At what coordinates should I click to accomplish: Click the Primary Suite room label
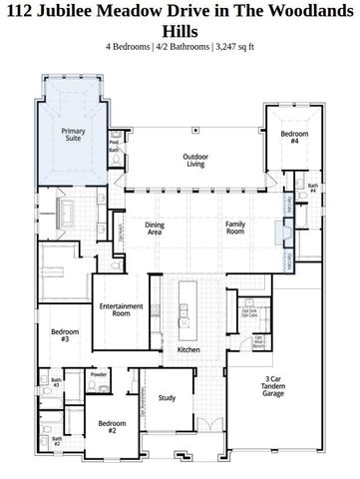[73, 135]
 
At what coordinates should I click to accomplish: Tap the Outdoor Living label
[194, 161]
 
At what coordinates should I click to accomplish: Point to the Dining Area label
[156, 228]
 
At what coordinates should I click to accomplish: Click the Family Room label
[235, 228]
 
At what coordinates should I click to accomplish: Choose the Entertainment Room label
[122, 309]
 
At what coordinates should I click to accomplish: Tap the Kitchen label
[189, 350]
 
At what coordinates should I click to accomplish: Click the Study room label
[168, 398]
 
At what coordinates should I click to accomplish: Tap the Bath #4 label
[313, 188]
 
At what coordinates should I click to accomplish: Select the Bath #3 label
[56, 382]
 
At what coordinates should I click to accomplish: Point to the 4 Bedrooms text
[130, 46]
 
